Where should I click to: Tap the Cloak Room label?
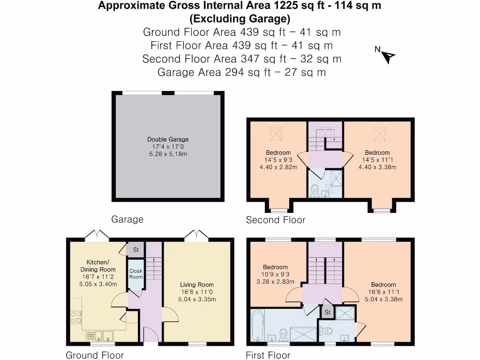(x=136, y=274)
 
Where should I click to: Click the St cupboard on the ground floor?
(x=136, y=250)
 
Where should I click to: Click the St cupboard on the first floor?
(x=327, y=312)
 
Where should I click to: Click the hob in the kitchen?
(x=76, y=317)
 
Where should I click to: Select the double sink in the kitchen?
(x=99, y=336)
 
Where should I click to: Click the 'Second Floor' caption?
(x=276, y=220)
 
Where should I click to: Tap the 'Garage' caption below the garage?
(x=127, y=219)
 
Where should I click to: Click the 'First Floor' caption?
(x=268, y=355)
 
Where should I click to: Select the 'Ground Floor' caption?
(x=95, y=355)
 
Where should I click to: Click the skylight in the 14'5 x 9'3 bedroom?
(x=277, y=134)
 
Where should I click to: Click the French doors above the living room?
(x=196, y=234)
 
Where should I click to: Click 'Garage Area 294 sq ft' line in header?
(x=241, y=73)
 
